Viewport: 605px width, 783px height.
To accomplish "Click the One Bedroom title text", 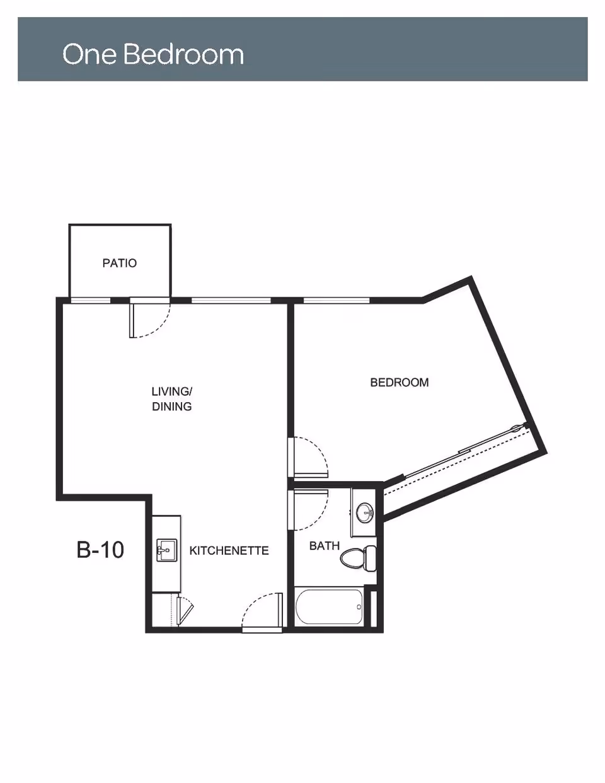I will [x=153, y=54].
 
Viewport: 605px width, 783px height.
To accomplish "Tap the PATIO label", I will [x=119, y=263].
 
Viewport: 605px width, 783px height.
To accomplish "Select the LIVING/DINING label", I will [x=171, y=399].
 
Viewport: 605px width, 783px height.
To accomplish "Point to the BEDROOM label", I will [x=399, y=382].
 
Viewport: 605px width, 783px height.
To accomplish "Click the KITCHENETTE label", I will [x=229, y=550].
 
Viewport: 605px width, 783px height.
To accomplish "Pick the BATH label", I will [x=324, y=546].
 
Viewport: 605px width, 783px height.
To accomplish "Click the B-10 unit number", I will [x=100, y=550].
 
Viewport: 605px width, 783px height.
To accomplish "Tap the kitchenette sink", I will [x=166, y=550].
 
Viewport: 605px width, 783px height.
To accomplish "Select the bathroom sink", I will [x=364, y=512].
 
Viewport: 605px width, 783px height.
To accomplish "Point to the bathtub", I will [x=329, y=606].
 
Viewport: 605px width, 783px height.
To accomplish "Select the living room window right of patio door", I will [x=231, y=300].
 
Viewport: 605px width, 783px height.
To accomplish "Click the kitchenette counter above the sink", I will [x=166, y=526].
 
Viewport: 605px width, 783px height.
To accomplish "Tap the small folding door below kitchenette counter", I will [x=185, y=610].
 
